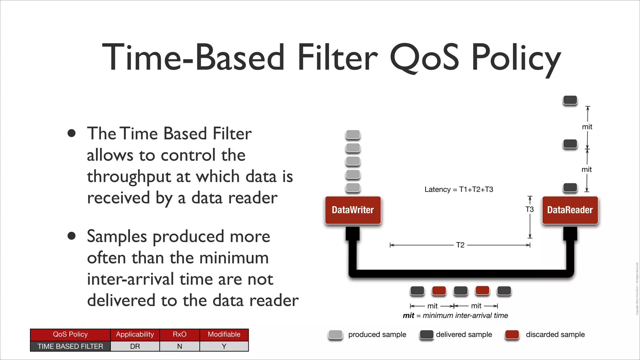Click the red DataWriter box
point(353,210)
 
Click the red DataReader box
point(570,210)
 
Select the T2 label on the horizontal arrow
point(460,245)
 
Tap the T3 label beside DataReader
point(529,209)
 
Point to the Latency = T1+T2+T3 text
point(458,189)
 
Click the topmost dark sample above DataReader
point(570,100)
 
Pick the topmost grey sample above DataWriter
point(353,135)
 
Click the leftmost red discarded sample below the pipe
point(439,291)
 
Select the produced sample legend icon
point(336,334)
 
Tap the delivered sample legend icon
point(426,334)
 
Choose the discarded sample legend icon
point(512,334)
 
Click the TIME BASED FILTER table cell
point(70,346)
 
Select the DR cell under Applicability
point(135,346)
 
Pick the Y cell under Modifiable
point(224,346)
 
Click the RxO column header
point(179,334)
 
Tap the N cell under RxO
point(179,346)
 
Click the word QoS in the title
point(424,58)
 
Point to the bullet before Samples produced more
point(72,236)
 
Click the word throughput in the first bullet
point(129,177)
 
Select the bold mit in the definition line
point(408,316)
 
